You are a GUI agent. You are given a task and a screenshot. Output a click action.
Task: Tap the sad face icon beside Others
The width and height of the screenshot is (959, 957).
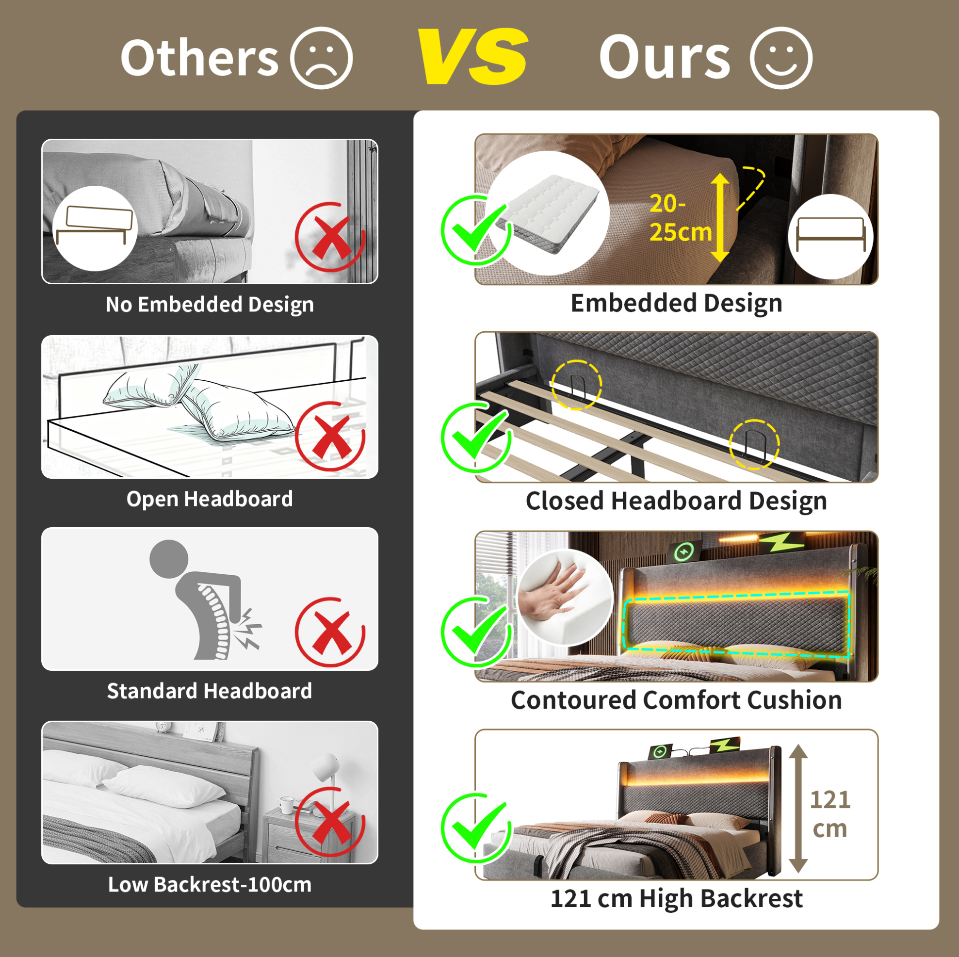[x=321, y=58]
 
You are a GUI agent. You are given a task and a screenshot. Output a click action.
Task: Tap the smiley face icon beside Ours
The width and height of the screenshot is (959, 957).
[x=781, y=58]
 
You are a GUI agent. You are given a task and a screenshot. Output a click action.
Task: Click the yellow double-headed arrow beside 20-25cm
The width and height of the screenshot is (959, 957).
[x=720, y=217]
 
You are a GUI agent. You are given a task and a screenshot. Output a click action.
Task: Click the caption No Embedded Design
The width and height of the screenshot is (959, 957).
[x=210, y=304]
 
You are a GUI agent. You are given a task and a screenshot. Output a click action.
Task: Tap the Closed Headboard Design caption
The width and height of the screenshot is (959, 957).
[x=676, y=501]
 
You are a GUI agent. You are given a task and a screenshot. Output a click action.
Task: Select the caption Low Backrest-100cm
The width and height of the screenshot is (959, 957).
[x=210, y=885]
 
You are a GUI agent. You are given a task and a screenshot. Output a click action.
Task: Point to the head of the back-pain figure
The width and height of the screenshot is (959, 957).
[x=169, y=559]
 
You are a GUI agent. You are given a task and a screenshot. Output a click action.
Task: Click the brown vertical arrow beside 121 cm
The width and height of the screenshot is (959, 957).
[x=798, y=809]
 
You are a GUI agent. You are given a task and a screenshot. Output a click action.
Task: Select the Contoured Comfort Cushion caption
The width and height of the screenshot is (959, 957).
[x=676, y=700]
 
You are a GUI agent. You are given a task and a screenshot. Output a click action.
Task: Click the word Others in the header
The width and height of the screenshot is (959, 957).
[x=199, y=58]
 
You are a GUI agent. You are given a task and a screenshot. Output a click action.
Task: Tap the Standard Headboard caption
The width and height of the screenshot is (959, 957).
[x=210, y=691]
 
